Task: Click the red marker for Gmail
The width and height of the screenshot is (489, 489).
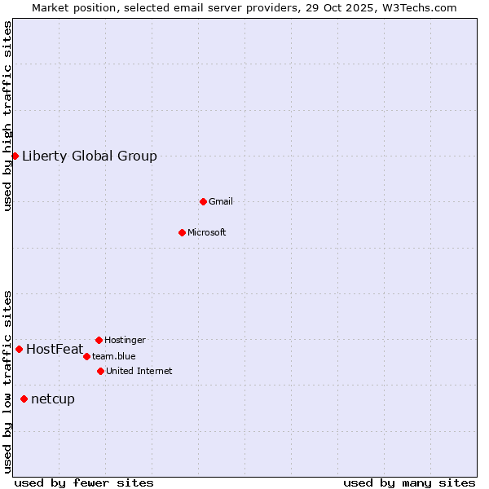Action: (x=203, y=201)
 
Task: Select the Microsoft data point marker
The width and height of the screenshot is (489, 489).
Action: (x=182, y=232)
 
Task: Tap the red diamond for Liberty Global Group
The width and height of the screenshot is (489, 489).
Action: (x=15, y=156)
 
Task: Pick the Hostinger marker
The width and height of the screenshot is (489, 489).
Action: (x=99, y=340)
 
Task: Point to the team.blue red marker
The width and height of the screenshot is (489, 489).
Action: (x=86, y=356)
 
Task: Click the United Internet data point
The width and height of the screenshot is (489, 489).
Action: (x=100, y=371)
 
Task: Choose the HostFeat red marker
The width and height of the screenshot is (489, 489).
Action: (x=19, y=349)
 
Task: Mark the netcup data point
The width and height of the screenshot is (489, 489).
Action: (x=24, y=399)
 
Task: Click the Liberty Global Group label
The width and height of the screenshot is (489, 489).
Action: (x=90, y=156)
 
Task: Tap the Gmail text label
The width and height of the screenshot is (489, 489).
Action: (x=221, y=202)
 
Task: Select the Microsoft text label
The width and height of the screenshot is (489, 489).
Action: (x=207, y=233)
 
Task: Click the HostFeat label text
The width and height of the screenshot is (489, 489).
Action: (x=55, y=350)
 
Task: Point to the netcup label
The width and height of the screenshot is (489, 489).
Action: (x=53, y=399)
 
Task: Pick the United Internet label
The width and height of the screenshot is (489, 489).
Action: (x=139, y=372)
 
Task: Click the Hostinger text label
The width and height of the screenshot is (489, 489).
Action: (x=126, y=341)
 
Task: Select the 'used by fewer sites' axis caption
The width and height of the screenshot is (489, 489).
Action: (x=84, y=482)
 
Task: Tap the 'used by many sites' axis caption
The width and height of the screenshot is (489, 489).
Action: (x=409, y=482)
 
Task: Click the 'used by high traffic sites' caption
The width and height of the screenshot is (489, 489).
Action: (x=8, y=116)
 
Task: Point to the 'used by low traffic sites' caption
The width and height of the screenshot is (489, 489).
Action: (x=8, y=381)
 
